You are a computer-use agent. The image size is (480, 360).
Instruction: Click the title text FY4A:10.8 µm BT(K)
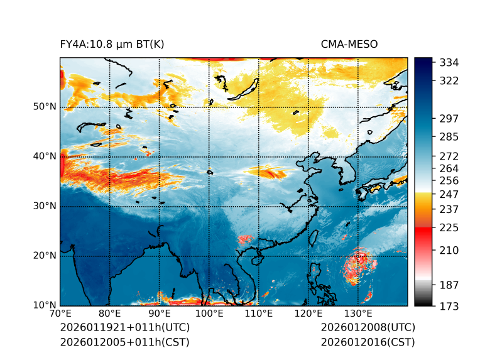click(112, 44)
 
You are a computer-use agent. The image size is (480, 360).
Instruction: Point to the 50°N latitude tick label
click(45, 107)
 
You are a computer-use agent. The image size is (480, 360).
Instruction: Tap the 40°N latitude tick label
click(45, 156)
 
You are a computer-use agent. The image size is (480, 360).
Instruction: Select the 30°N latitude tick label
click(45, 206)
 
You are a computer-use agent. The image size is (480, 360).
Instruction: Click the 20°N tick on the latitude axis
click(45, 256)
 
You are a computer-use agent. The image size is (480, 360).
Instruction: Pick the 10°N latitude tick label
click(45, 305)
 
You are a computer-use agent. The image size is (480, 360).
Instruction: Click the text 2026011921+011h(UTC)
click(124, 328)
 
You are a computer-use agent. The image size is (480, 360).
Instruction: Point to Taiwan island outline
click(312, 237)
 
